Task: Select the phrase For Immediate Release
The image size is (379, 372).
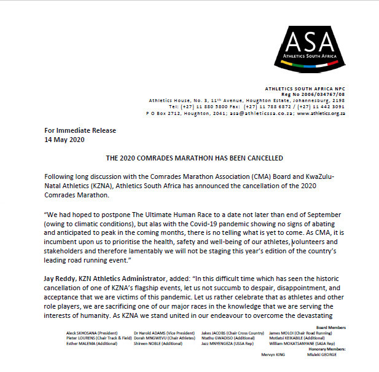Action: click(80, 130)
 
